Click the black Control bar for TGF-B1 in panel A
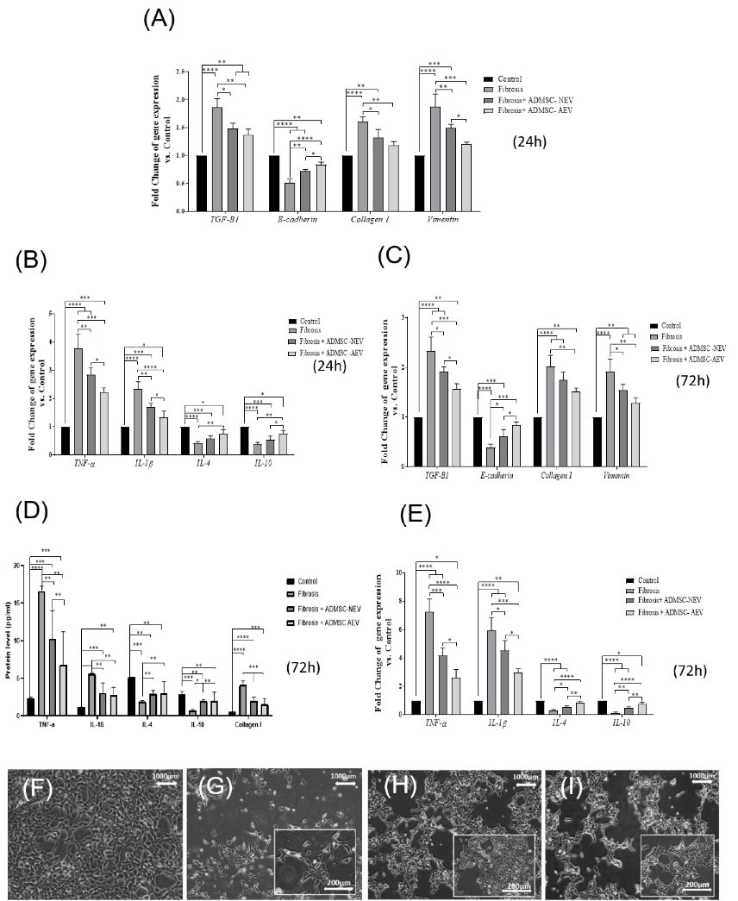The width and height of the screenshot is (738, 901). [202, 183]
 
